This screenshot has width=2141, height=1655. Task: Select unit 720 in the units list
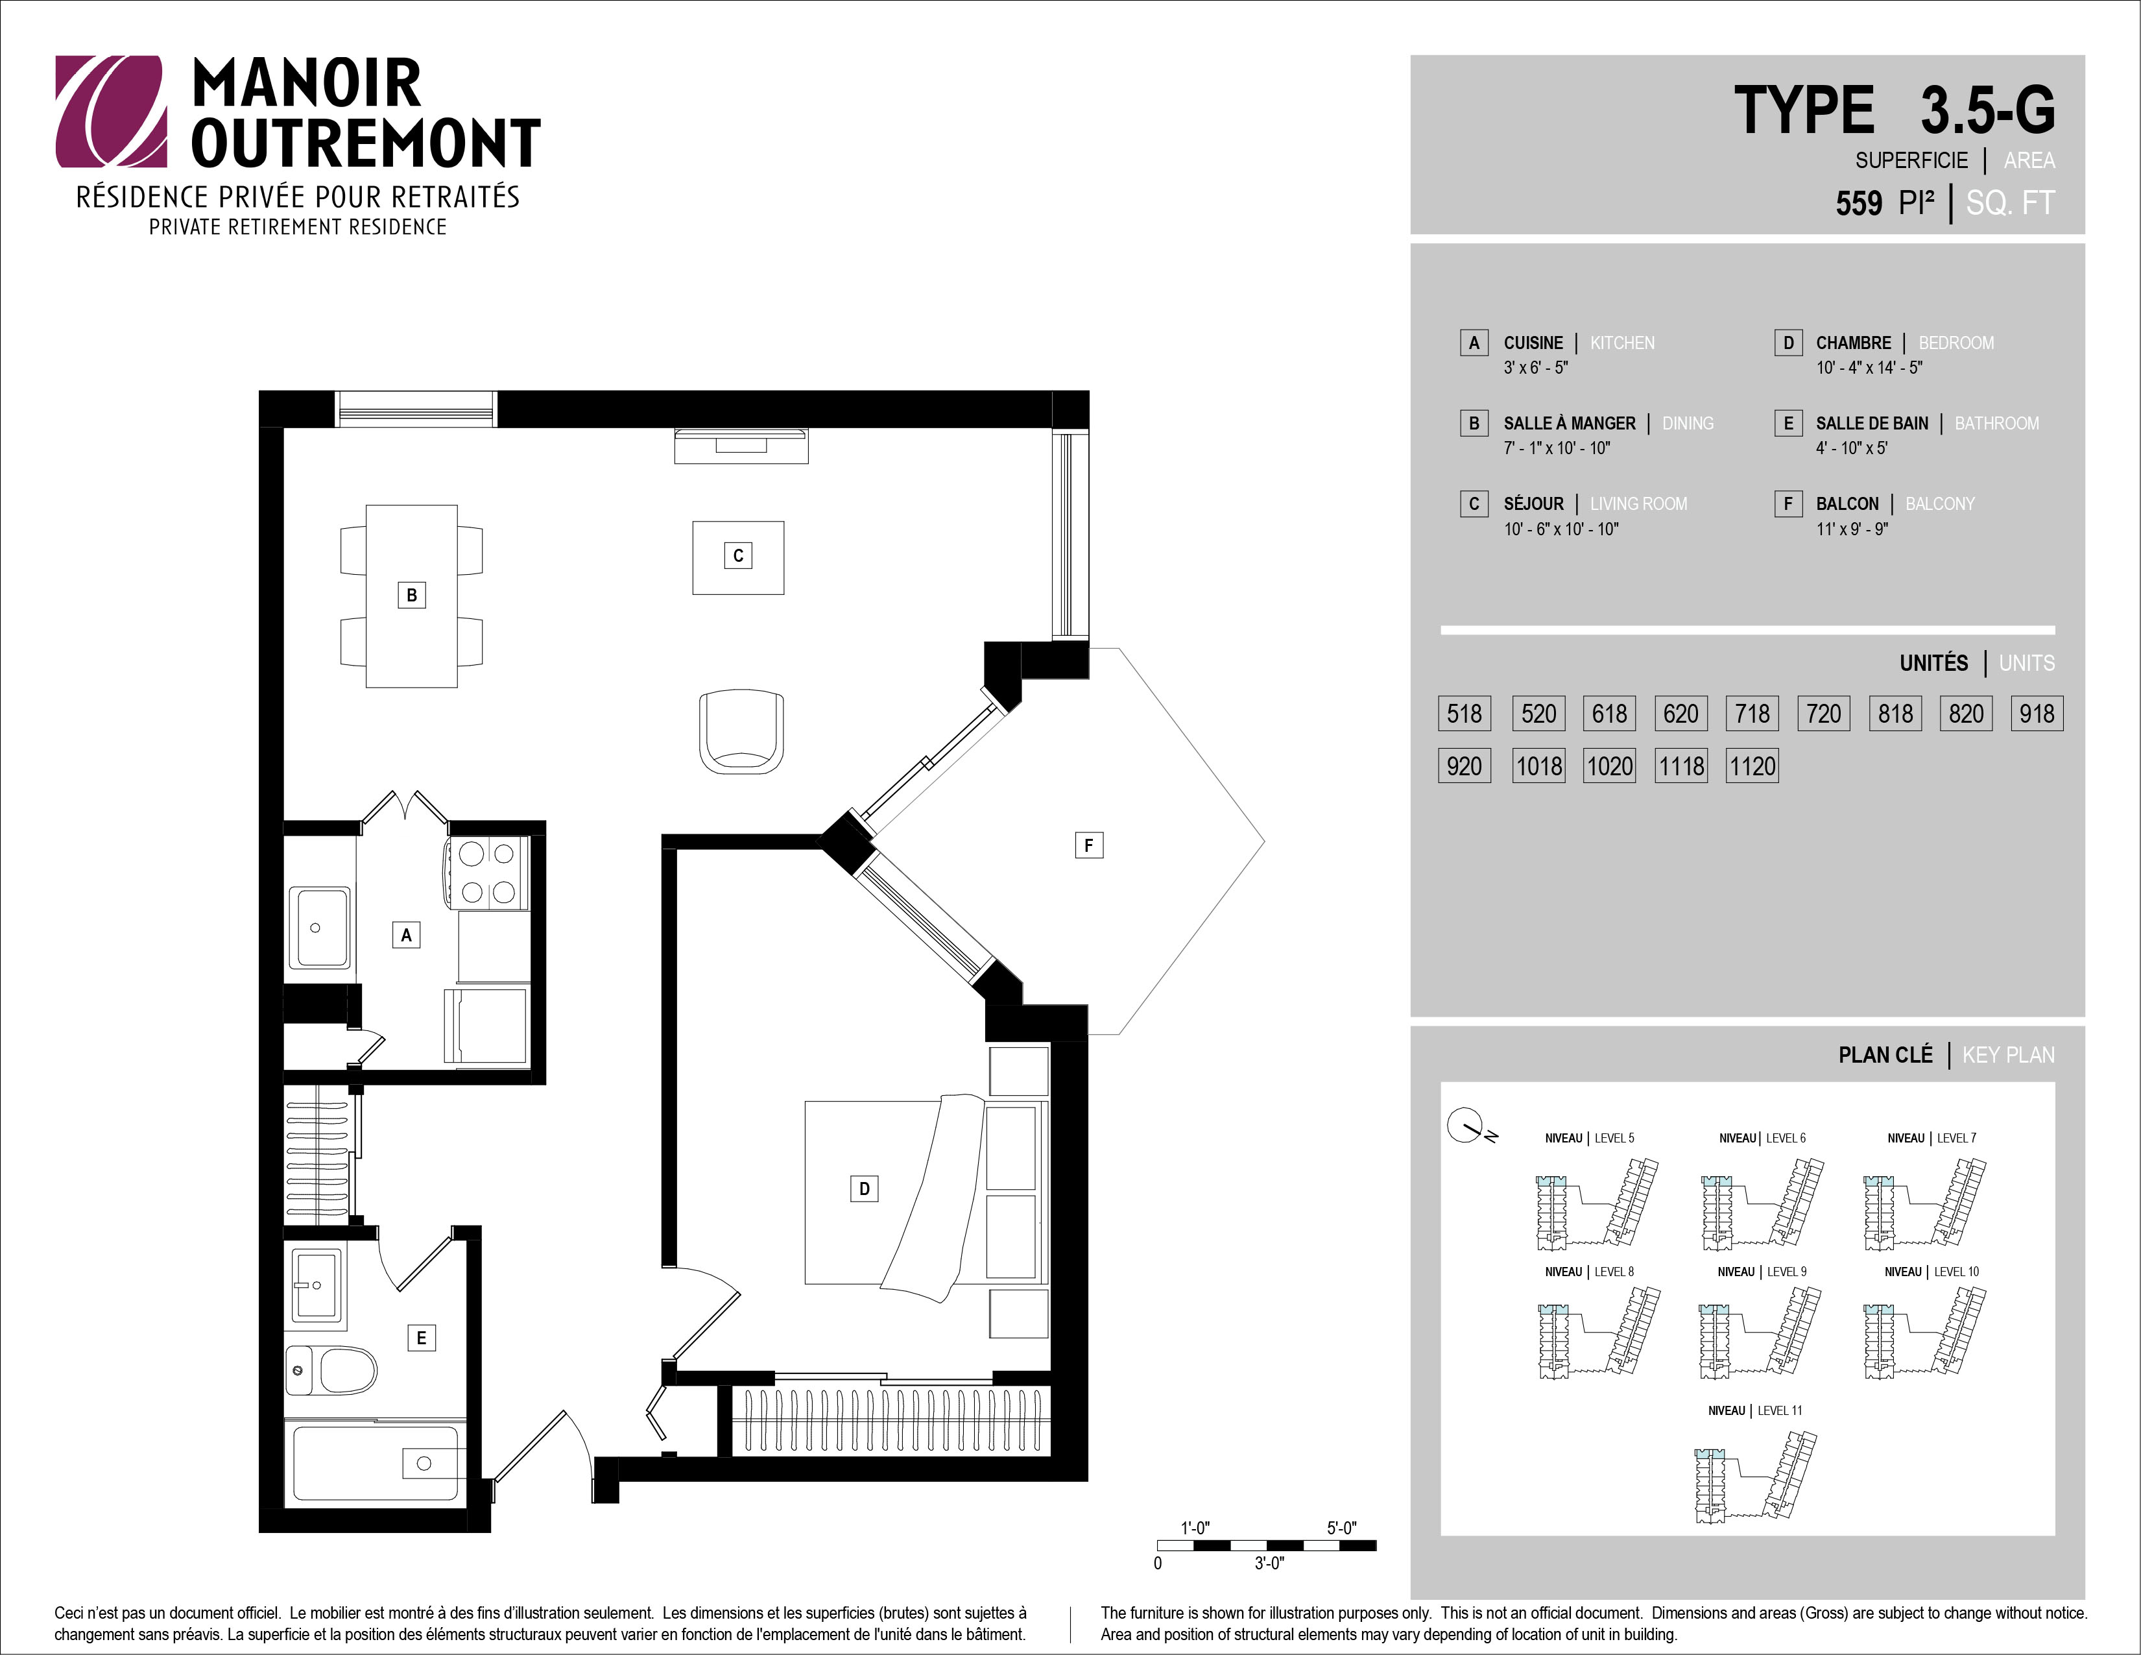(x=1823, y=713)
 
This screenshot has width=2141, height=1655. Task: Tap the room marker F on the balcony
(x=1088, y=845)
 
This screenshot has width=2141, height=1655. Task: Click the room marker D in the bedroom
(x=864, y=1189)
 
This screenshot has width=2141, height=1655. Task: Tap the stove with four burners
(x=487, y=873)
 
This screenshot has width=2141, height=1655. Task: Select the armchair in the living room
(x=741, y=731)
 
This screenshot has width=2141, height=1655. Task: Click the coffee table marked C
(x=738, y=557)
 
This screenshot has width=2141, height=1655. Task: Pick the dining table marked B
(x=412, y=595)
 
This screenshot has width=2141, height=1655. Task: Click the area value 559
(x=1859, y=203)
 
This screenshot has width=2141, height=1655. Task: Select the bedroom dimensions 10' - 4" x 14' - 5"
(x=1869, y=368)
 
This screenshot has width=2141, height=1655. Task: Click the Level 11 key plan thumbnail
(x=1754, y=1477)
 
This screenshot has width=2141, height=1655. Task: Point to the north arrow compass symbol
(x=1466, y=1126)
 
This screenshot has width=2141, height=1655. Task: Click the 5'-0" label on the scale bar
(x=1342, y=1528)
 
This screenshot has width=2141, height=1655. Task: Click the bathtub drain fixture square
(x=424, y=1464)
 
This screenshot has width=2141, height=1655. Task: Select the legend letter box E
(x=1788, y=422)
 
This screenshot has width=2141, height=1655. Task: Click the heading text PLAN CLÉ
(x=1885, y=1055)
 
